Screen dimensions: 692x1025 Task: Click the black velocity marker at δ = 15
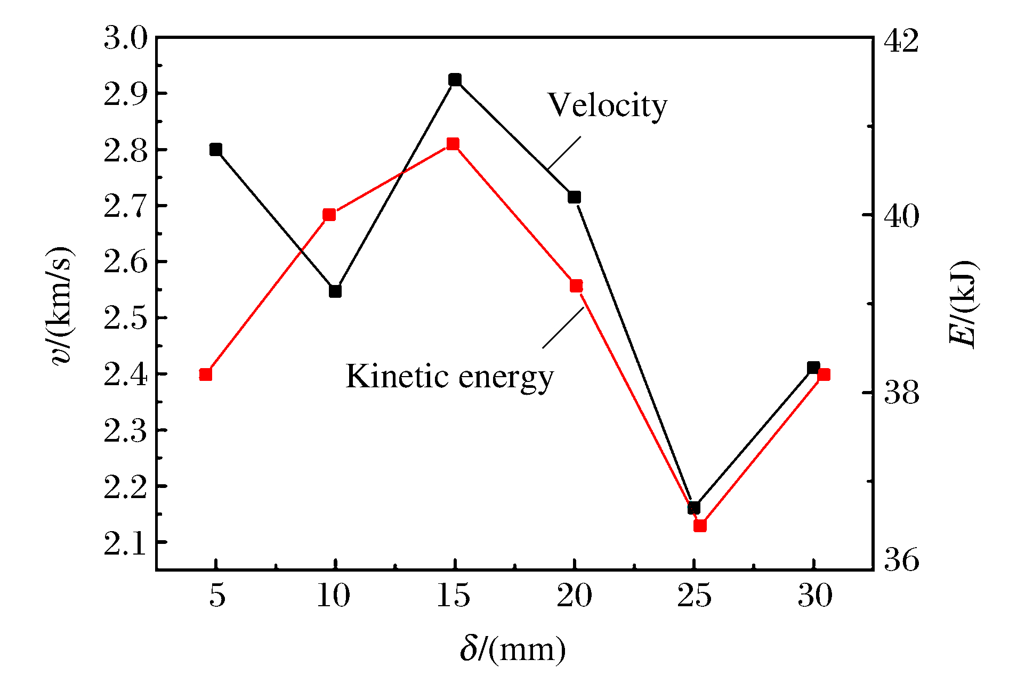coord(455,80)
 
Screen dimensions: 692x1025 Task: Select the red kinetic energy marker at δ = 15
coord(453,144)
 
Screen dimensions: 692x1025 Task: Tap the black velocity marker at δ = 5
coord(216,149)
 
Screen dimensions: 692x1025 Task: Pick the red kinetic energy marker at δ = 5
coord(206,375)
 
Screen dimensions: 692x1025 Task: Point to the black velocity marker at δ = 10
coord(335,291)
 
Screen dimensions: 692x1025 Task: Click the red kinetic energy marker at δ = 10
coord(329,215)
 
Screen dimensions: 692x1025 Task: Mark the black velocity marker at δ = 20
coord(574,197)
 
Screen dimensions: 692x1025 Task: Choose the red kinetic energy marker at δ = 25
coord(700,526)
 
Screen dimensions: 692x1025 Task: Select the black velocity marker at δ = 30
coord(813,368)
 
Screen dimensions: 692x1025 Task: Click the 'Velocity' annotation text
coord(607,105)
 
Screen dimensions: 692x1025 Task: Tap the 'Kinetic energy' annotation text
coord(449,377)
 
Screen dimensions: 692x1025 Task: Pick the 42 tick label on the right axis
coord(901,40)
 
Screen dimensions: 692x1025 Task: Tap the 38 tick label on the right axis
coord(901,393)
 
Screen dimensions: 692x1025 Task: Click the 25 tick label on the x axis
coord(694,596)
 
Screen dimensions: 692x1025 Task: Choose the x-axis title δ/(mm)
coord(513,649)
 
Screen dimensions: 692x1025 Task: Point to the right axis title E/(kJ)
coord(963,304)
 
